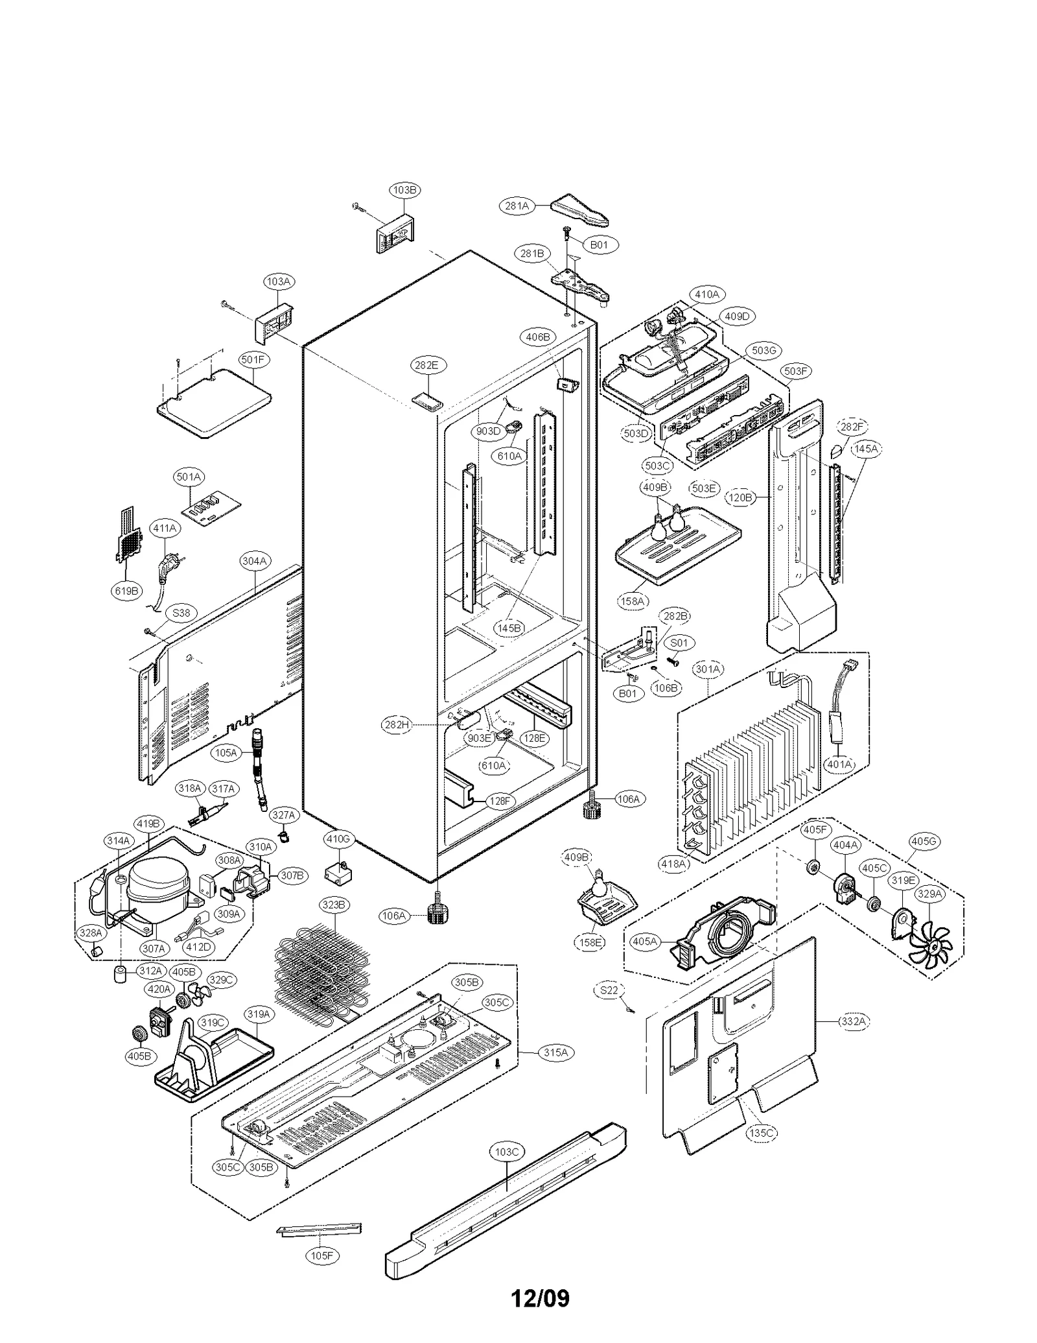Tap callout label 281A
517,206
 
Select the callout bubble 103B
404,189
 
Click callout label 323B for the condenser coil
334,905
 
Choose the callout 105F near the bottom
321,1255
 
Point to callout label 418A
673,863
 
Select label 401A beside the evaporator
839,764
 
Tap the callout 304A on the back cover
255,560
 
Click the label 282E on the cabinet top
426,365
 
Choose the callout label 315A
555,1052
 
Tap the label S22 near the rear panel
609,990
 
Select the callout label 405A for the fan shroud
644,941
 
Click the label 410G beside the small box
338,839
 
